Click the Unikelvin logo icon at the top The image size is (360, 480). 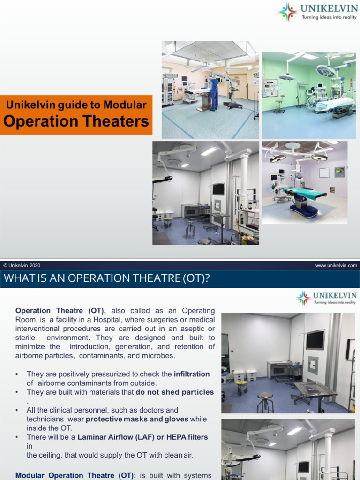point(288,12)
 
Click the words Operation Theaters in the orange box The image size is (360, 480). point(76,121)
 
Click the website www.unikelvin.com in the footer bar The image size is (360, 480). point(336,265)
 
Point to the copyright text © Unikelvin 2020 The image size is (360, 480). point(22,265)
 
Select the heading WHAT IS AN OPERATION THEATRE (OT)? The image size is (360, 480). point(106,278)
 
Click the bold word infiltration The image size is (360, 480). point(192,374)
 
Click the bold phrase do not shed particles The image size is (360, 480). point(174,392)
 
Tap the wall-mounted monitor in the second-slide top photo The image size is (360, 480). point(315,339)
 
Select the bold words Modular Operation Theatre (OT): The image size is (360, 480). point(76,475)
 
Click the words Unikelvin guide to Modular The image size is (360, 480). point(76,105)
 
